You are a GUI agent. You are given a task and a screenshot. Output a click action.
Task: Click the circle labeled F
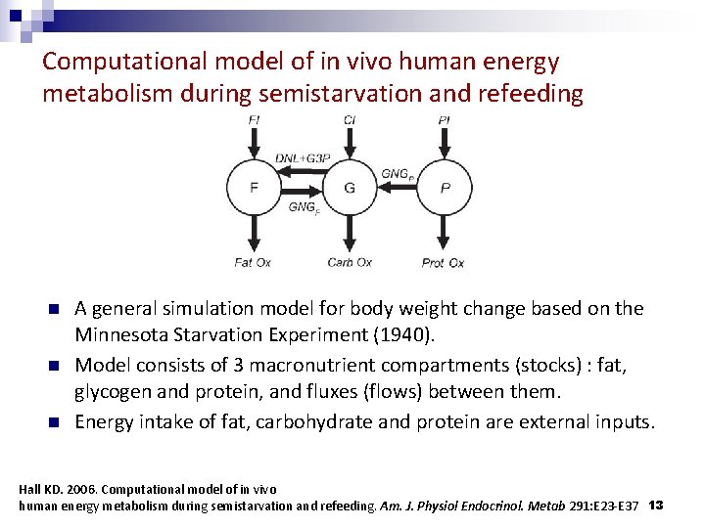pos(254,187)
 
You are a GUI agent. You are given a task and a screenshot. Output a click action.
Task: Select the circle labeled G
pos(350,187)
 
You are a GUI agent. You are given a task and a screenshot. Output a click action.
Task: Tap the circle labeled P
pos(445,187)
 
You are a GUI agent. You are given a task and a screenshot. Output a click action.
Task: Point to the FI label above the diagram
pos(254,120)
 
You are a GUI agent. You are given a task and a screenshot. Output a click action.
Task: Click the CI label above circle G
pos(350,120)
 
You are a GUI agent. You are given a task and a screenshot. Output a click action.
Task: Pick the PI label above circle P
pos(445,120)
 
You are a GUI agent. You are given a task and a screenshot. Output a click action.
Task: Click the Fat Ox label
pos(254,262)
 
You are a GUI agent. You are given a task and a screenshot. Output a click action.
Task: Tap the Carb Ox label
pos(350,262)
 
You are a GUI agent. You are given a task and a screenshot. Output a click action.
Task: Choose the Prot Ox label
pos(444,262)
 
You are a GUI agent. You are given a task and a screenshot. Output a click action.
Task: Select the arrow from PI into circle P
pos(445,143)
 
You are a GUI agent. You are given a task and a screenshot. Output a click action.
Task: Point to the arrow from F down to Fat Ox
pos(254,233)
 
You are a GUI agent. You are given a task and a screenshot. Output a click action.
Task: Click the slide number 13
pos(656,505)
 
